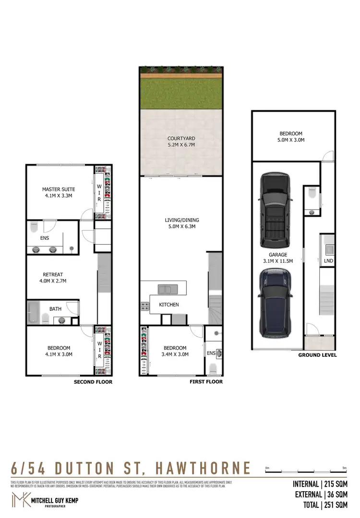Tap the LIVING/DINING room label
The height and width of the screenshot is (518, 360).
coord(181,221)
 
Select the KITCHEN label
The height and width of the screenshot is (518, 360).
coord(169,305)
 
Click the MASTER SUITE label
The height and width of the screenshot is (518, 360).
coord(59,189)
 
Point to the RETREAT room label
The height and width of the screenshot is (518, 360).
coord(53,274)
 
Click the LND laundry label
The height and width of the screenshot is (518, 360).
coord(328,261)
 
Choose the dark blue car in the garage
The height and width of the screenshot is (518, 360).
coord(275,302)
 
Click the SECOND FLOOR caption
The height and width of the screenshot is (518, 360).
coord(93,382)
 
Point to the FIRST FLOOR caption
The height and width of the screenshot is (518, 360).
coord(206,382)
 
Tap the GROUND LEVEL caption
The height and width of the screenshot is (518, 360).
coord(317,355)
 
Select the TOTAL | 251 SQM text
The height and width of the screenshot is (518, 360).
coord(320,505)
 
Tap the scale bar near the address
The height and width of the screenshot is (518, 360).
coord(305,471)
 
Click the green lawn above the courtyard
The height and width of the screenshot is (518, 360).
coord(181,94)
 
